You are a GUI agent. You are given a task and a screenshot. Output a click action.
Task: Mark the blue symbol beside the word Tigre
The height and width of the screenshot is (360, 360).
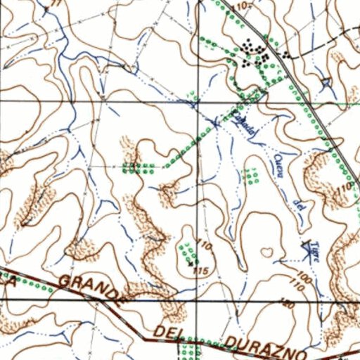pyautogui.click(x=305, y=247)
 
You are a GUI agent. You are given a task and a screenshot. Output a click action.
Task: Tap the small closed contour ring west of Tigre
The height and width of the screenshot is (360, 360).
pyautogui.click(x=267, y=251)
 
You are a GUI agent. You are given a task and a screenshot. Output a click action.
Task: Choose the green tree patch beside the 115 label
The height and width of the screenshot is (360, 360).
pyautogui.click(x=187, y=250)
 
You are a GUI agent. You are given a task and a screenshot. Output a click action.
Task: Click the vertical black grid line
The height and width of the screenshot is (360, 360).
pyautogui.click(x=198, y=176)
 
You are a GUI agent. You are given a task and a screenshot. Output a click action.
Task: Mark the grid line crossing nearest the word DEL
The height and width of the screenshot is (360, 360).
pyautogui.click(x=198, y=299)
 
